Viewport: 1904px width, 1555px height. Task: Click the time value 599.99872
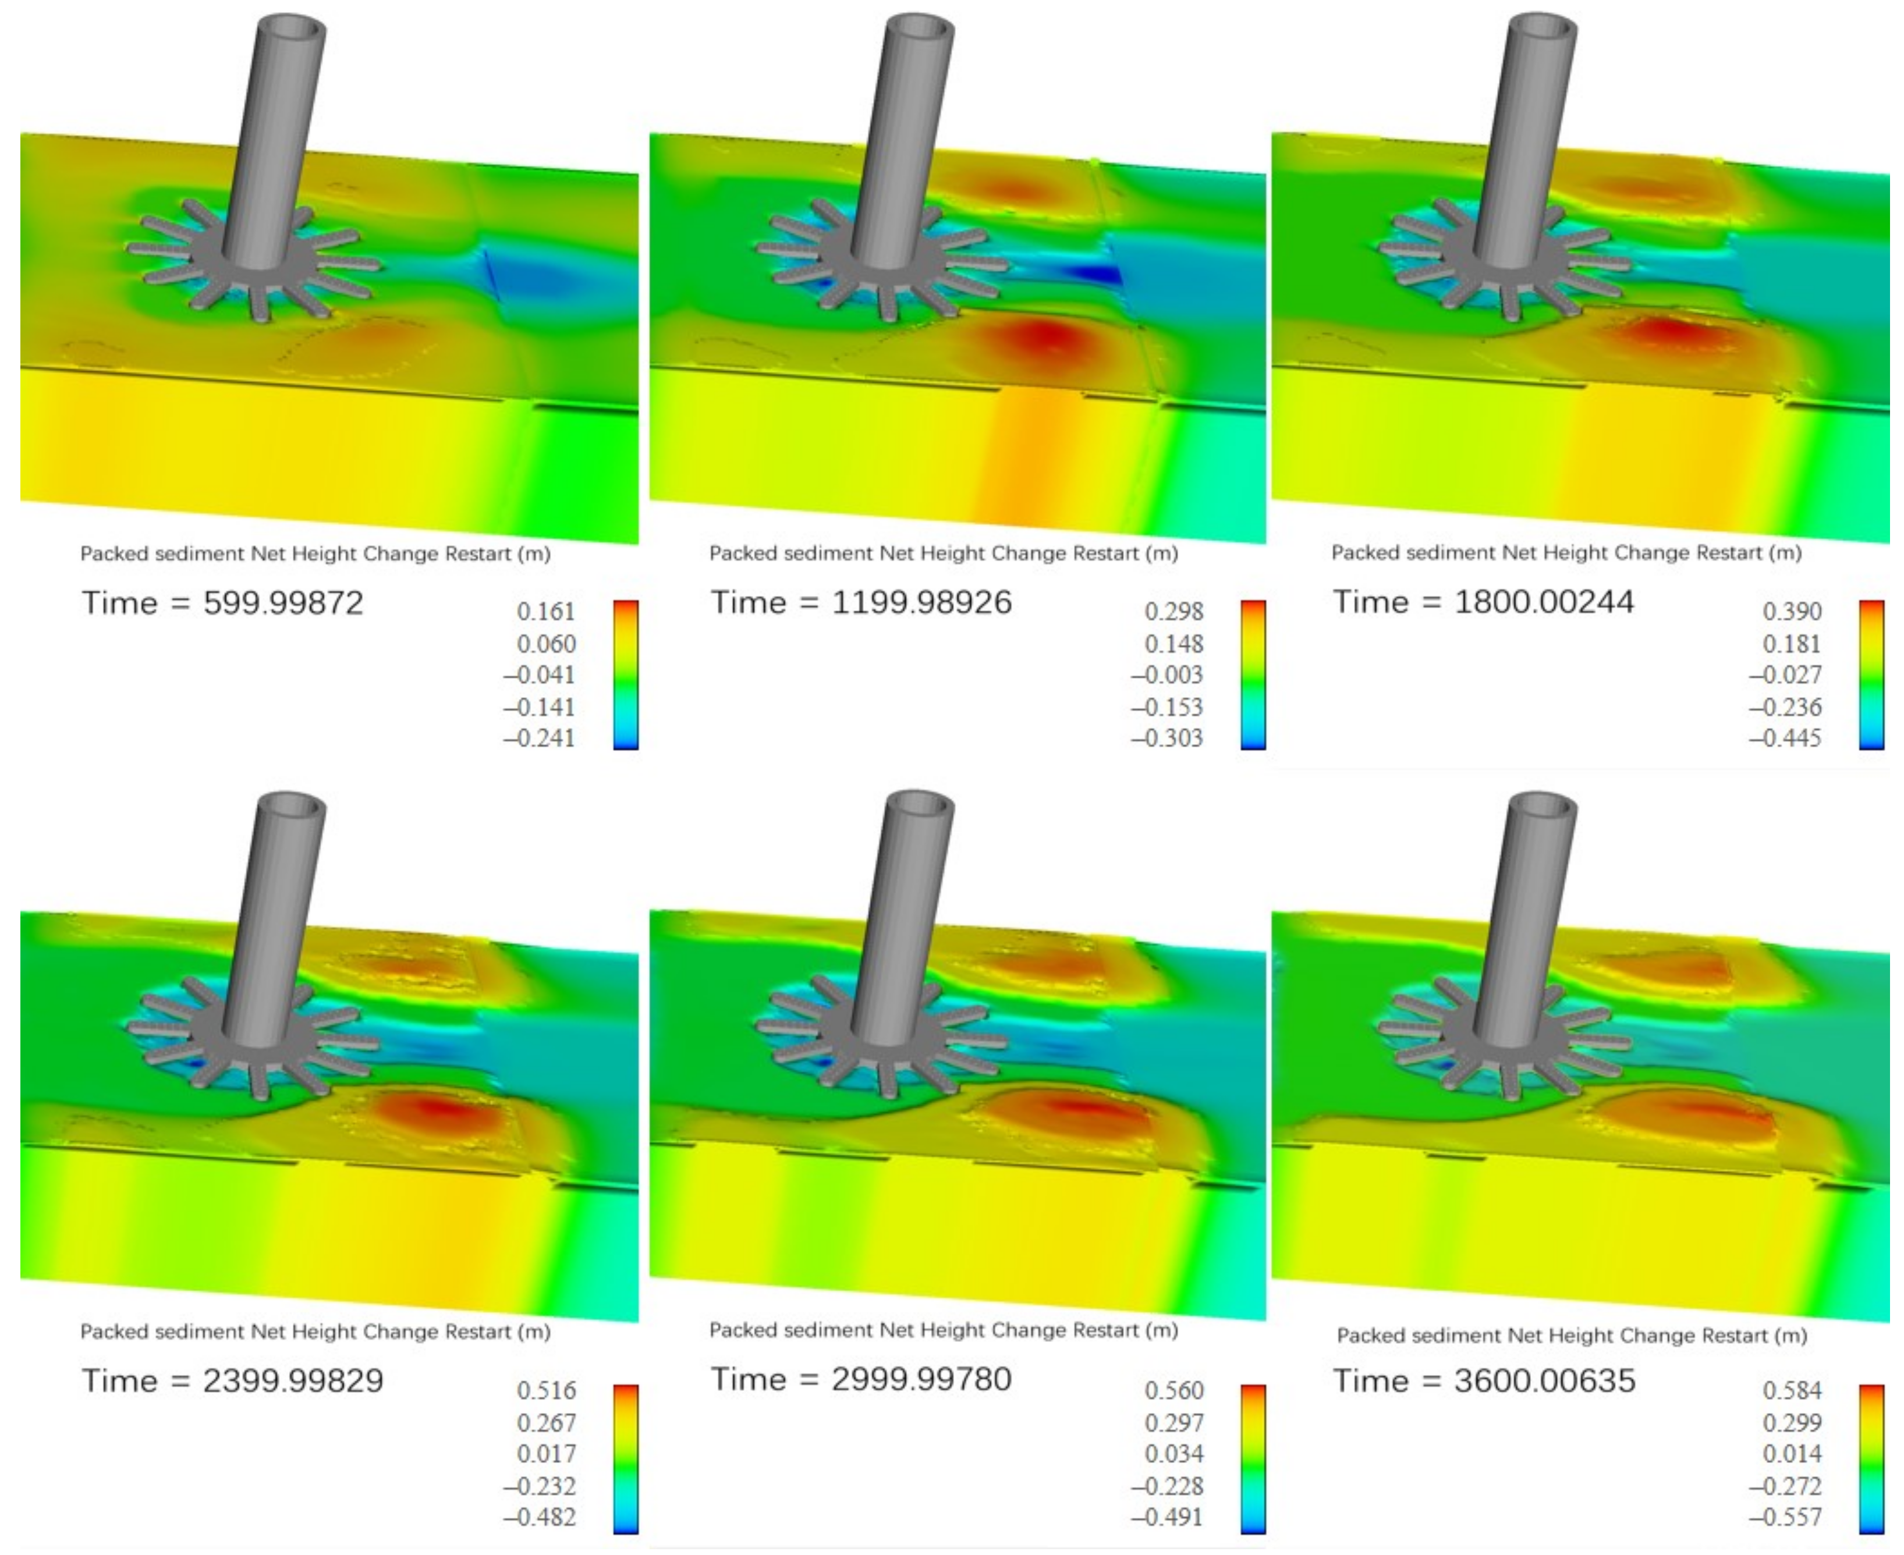(283, 603)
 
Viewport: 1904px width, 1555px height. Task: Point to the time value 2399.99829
(293, 1381)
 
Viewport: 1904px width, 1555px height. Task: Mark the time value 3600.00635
(1545, 1381)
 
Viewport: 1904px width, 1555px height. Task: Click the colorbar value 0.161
(545, 612)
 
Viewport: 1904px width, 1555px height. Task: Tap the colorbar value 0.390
(1792, 612)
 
